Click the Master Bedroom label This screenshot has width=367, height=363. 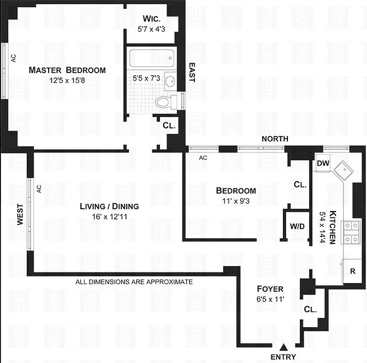pos(67,70)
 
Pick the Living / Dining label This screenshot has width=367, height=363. pos(109,206)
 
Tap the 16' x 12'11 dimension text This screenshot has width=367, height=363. pos(109,217)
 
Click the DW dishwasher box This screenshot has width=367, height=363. pos(323,163)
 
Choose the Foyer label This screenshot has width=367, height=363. pos(270,289)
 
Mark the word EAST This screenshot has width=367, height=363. pos(191,72)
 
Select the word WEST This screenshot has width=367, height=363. pos(20,214)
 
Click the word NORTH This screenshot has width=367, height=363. pos(274,139)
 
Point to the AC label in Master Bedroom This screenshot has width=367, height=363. pos(13,58)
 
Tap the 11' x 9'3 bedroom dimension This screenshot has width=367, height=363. pos(235,201)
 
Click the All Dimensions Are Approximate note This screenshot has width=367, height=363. pos(134,282)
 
